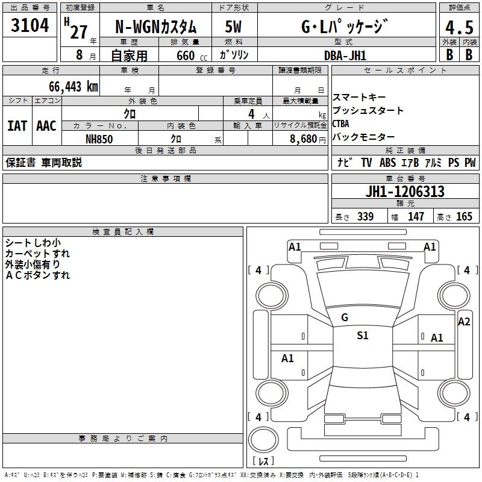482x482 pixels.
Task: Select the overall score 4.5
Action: click(459, 28)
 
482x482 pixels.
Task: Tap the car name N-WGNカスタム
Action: click(155, 27)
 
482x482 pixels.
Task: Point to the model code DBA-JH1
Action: click(345, 55)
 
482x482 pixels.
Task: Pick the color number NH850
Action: click(99, 138)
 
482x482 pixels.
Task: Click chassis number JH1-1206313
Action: click(405, 192)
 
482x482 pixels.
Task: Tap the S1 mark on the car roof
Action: click(362, 336)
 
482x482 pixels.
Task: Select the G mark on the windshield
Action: click(345, 317)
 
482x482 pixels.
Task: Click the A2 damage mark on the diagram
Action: click(464, 322)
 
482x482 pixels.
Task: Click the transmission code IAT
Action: click(17, 126)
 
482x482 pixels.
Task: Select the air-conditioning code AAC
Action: click(46, 126)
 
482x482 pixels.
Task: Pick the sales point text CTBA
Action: click(341, 124)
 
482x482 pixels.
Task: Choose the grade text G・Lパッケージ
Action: click(344, 27)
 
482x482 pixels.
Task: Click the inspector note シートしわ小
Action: click(33, 242)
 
